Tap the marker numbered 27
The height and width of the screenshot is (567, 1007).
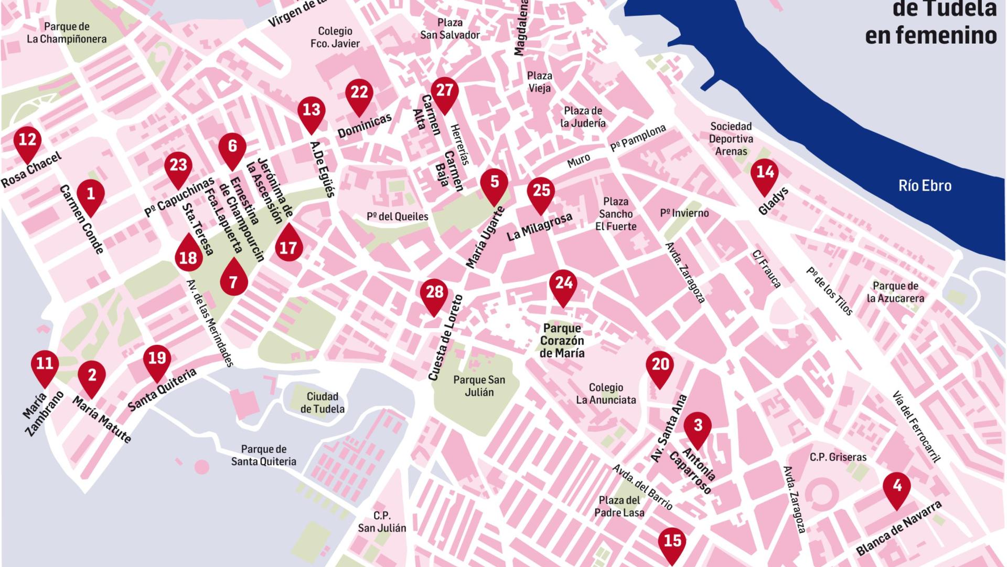(444, 92)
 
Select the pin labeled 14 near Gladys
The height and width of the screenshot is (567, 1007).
(765, 174)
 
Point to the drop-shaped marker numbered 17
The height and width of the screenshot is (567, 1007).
(288, 246)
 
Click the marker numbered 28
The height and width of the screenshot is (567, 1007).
(434, 294)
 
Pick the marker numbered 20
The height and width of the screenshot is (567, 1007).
(660, 366)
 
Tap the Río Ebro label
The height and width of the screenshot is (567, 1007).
(925, 185)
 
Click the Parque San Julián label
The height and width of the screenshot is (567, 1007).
(479, 386)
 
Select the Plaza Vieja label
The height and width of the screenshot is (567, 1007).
(539, 82)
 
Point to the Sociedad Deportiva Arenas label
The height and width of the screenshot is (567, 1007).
(731, 139)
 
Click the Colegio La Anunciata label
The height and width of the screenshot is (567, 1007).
(606, 394)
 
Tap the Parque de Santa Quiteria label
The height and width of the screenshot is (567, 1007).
(263, 455)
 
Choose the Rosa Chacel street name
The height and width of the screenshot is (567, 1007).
(31, 170)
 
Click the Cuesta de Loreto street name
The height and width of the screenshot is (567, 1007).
(446, 338)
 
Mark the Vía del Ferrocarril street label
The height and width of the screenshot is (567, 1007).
(915, 427)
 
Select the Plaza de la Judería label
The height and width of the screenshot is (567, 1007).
(583, 117)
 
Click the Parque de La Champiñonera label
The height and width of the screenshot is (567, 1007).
(67, 33)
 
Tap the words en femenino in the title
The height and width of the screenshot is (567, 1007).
(930, 35)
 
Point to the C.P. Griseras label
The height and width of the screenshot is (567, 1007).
(838, 457)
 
